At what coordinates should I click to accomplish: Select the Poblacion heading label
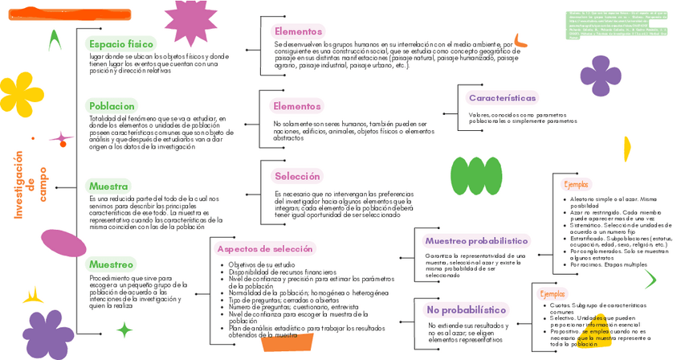(112, 105)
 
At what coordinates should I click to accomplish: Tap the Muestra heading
(109, 186)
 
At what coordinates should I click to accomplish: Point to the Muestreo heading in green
(112, 264)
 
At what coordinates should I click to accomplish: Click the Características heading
(502, 98)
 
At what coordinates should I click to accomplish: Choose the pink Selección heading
(297, 176)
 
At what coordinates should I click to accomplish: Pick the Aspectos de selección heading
(265, 249)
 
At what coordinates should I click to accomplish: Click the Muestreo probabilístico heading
(476, 240)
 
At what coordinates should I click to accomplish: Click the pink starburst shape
(190, 22)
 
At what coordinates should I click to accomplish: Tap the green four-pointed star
(124, 329)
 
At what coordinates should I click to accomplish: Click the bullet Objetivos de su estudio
(261, 264)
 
